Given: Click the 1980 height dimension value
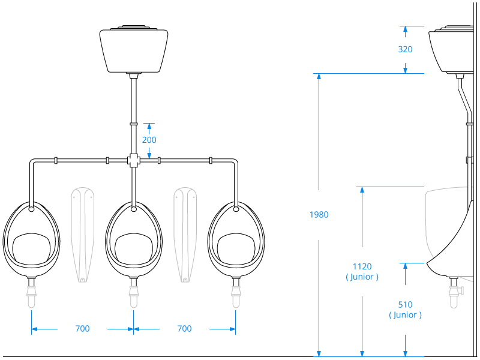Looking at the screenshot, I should coord(319,214).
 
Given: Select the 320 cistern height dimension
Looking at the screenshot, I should coord(405,49).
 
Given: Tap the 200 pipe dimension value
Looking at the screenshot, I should coord(149,140).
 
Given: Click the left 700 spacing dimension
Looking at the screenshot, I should coord(82,329).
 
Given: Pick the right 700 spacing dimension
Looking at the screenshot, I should coord(184,329).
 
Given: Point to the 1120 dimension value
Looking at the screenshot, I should coord(362,266).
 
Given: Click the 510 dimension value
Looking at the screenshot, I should coord(406,304).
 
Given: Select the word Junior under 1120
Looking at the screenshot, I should coord(362,277).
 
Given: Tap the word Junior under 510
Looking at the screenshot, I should coord(406,315).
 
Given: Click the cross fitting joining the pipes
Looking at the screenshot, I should coord(133,160).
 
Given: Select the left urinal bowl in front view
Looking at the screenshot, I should coord(31,240).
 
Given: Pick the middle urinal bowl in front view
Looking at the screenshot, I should coord(133,240).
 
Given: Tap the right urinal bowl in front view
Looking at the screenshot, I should coord(235,240).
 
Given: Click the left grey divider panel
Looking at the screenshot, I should coord(82,234).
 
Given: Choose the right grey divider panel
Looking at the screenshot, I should coord(184,234).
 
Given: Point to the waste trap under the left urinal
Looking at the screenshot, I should coord(31,294).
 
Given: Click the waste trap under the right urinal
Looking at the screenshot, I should coord(235,294).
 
